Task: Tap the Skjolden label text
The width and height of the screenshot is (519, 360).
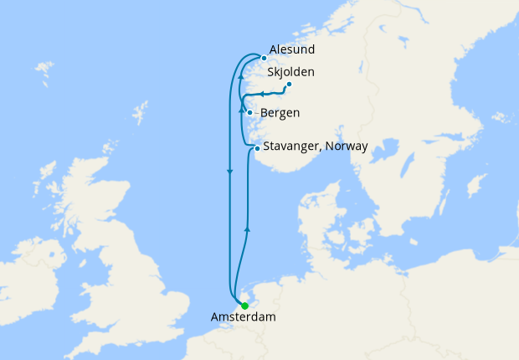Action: click(290, 72)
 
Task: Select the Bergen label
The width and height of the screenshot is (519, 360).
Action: click(280, 113)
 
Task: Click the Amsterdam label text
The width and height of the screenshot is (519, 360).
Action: click(243, 317)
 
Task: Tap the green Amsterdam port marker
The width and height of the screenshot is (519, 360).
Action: click(244, 306)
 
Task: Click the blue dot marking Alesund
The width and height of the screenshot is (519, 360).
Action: click(264, 58)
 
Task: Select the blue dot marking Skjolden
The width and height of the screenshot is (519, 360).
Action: click(289, 84)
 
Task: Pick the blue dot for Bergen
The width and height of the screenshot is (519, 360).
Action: click(250, 112)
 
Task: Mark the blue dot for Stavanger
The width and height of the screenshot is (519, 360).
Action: click(257, 148)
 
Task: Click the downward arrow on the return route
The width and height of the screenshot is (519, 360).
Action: click(229, 172)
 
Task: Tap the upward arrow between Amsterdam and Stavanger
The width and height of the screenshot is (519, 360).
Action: click(246, 226)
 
